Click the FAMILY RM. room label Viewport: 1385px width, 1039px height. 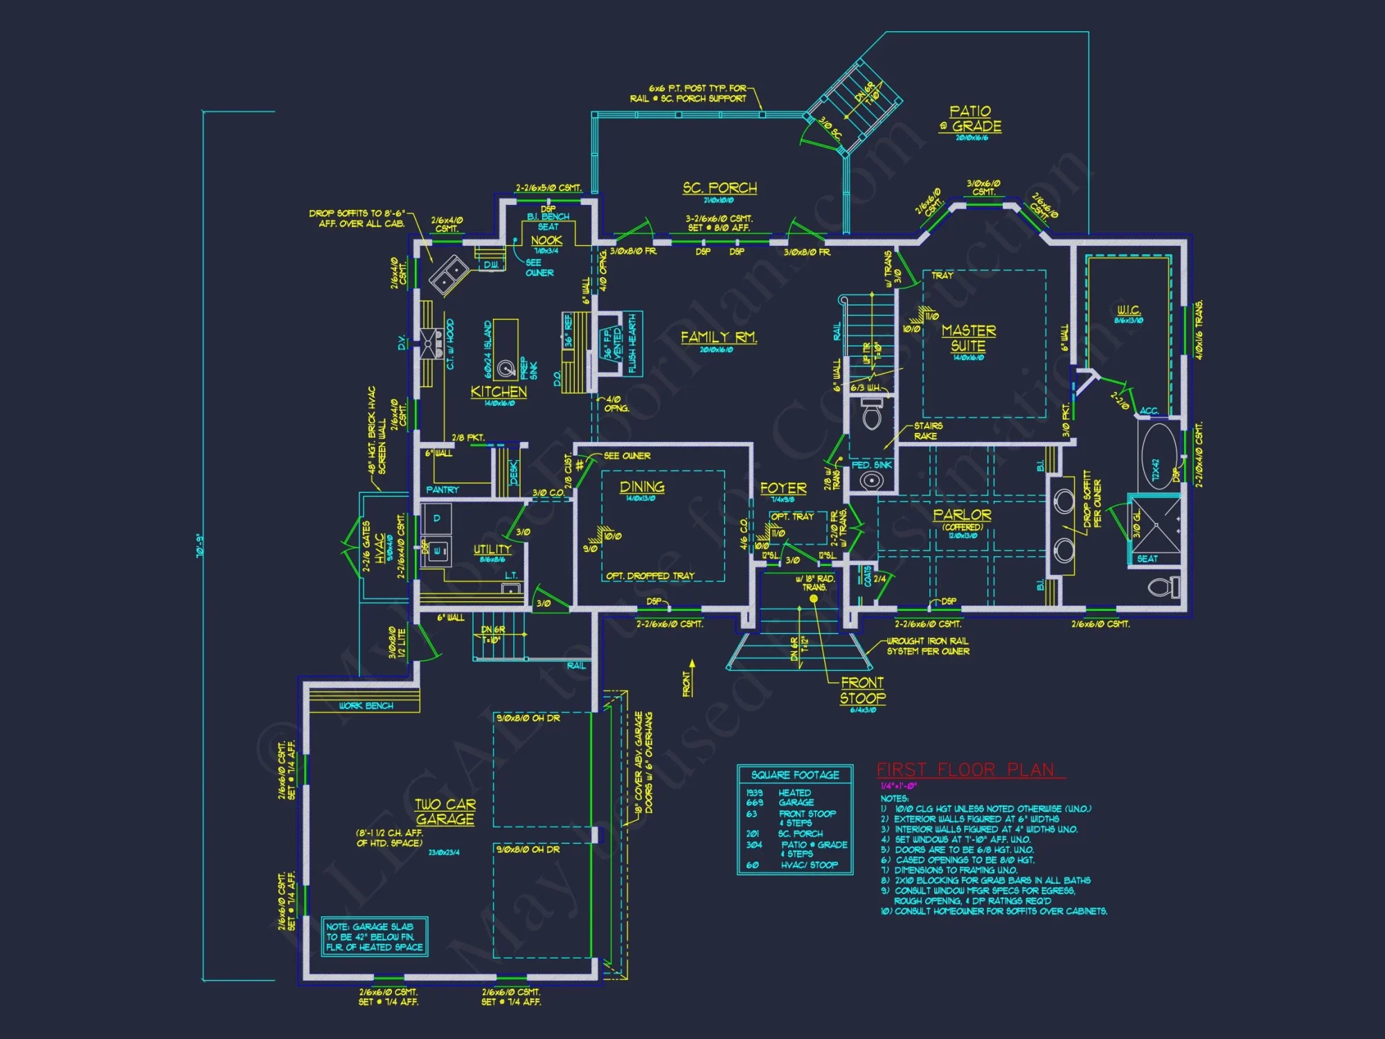click(718, 337)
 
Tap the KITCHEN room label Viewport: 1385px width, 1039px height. click(499, 391)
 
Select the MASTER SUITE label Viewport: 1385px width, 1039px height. click(968, 338)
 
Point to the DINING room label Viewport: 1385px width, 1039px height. click(642, 487)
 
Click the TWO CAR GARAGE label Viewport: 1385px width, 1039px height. click(445, 812)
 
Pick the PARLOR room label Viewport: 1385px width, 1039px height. click(962, 515)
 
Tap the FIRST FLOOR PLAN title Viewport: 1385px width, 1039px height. click(966, 770)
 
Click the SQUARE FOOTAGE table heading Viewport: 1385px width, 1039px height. click(795, 774)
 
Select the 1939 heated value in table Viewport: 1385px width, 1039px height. click(754, 792)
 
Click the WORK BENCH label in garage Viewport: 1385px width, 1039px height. click(366, 705)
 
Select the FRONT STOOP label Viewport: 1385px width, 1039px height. click(862, 691)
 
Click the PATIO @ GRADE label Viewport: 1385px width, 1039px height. click(971, 118)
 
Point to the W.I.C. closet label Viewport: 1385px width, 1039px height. click(1129, 310)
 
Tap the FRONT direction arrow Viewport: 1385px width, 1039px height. click(691, 673)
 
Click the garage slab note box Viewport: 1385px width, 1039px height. click(375, 936)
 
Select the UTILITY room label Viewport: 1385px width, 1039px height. click(492, 549)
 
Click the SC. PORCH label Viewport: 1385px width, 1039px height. click(720, 188)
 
